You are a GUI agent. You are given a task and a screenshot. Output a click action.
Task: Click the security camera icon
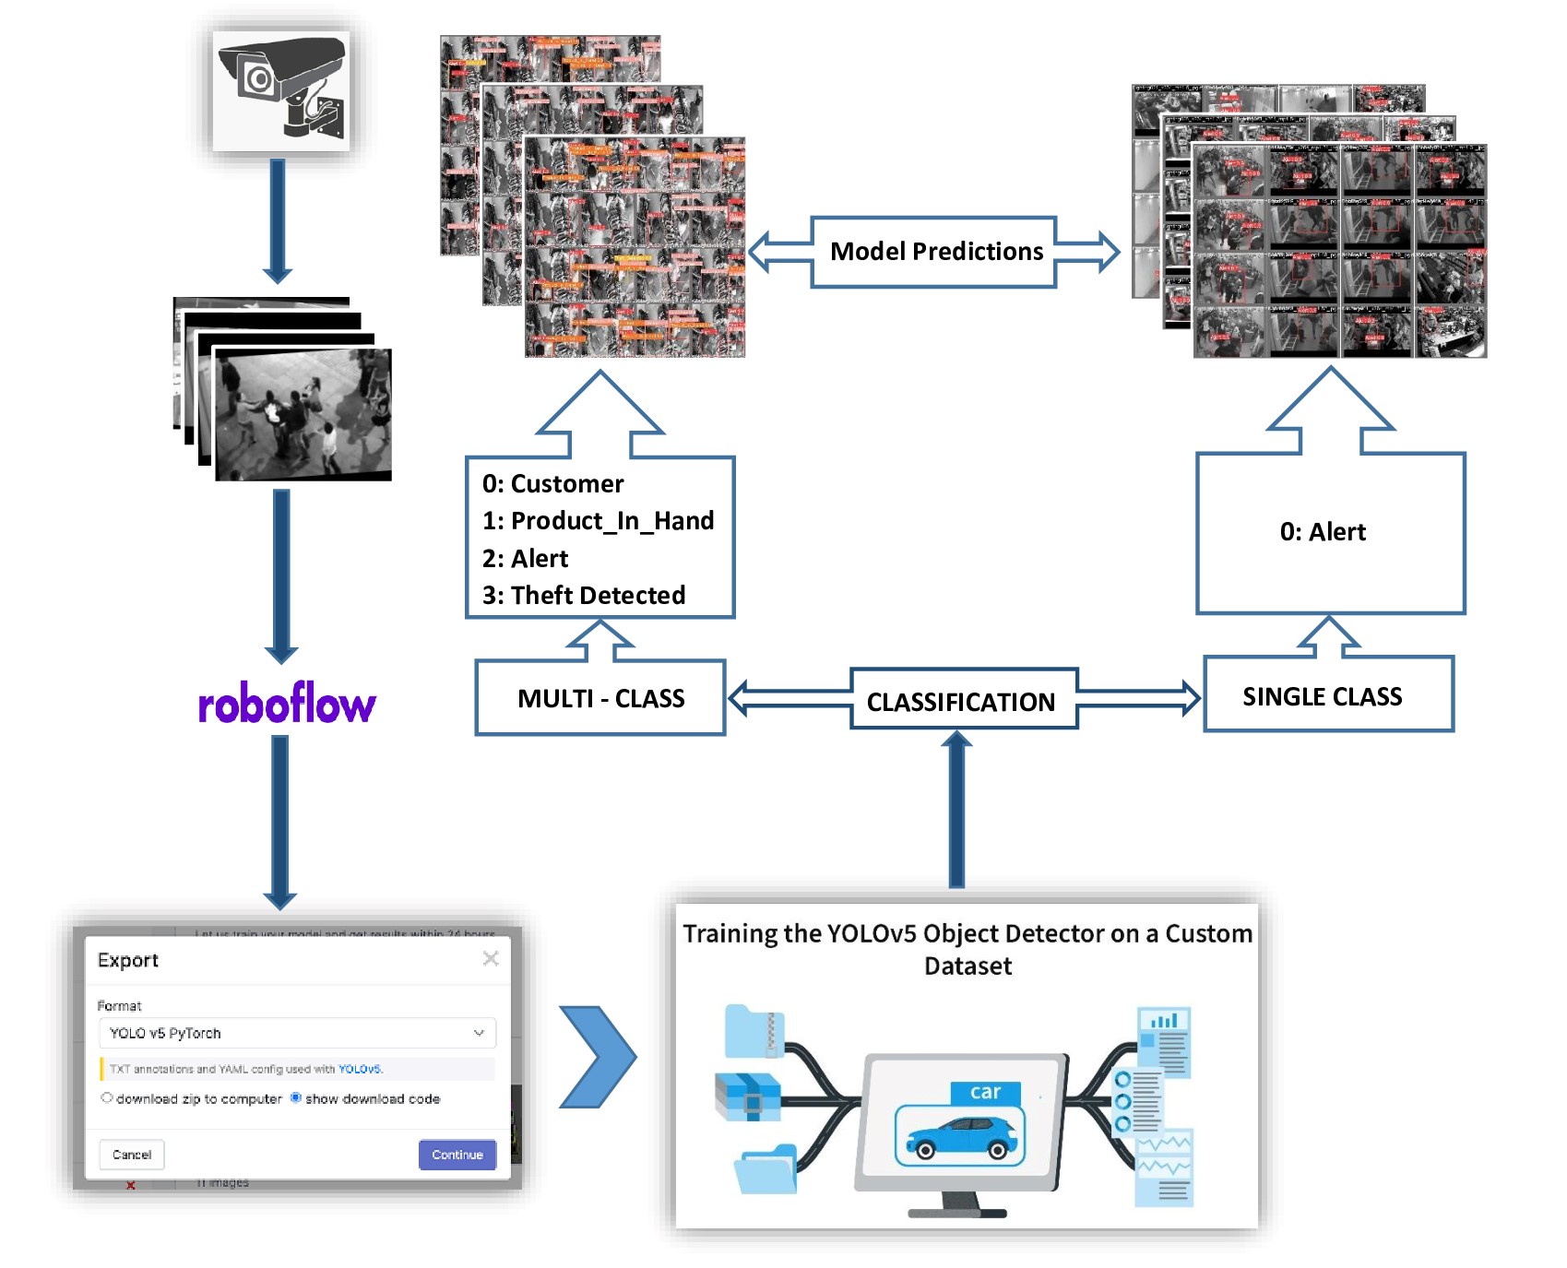281,89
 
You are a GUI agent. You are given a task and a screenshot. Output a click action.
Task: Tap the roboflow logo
287,705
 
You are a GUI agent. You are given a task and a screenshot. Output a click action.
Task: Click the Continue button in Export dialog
457,1155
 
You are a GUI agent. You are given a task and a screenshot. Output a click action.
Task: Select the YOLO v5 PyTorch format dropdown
296,1033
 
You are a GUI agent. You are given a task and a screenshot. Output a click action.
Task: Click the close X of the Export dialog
491,959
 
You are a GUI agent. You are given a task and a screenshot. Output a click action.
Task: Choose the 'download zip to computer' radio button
107,1098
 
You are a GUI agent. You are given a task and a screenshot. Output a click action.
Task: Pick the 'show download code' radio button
296,1098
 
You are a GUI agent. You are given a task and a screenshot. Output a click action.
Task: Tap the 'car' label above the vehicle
985,1092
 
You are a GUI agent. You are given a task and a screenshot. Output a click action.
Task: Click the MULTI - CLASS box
600,698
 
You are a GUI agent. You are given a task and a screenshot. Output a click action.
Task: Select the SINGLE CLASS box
1327,696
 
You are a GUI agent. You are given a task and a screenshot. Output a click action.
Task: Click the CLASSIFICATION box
962,702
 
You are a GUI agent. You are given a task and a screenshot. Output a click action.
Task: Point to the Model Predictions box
934,252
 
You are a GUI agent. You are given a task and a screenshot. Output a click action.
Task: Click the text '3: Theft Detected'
584,596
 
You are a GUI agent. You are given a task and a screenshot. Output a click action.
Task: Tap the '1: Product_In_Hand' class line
598,521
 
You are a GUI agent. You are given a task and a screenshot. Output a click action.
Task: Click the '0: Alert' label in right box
1322,532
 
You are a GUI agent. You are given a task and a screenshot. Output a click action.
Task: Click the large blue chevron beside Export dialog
598,1057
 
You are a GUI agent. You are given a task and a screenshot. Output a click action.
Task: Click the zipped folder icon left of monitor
754,1030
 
